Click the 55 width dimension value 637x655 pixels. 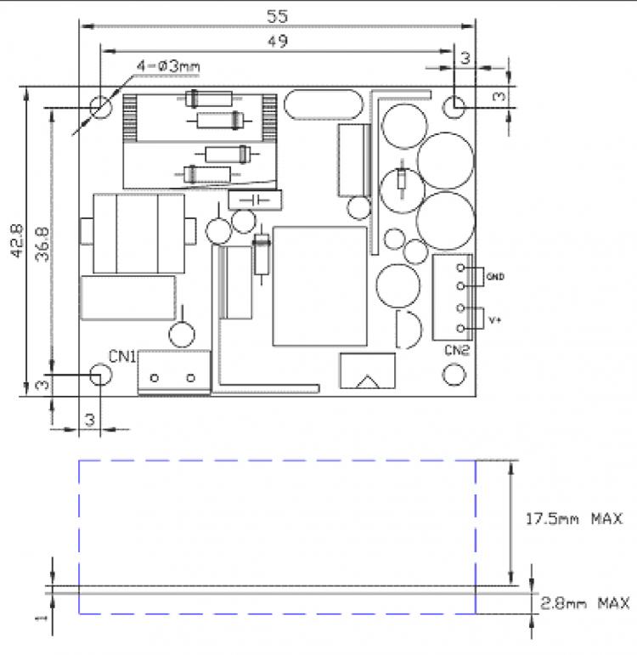click(x=278, y=16)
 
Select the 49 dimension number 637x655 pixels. click(x=278, y=42)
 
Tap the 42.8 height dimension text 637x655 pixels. click(x=17, y=241)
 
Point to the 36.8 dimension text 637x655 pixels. click(x=42, y=245)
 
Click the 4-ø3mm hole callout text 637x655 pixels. click(x=168, y=66)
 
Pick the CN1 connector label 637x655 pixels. click(x=122, y=356)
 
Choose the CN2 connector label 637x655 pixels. click(x=457, y=350)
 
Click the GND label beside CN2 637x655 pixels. click(x=495, y=277)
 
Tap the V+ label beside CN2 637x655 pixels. click(x=495, y=320)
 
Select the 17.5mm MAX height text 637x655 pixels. click(x=574, y=519)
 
